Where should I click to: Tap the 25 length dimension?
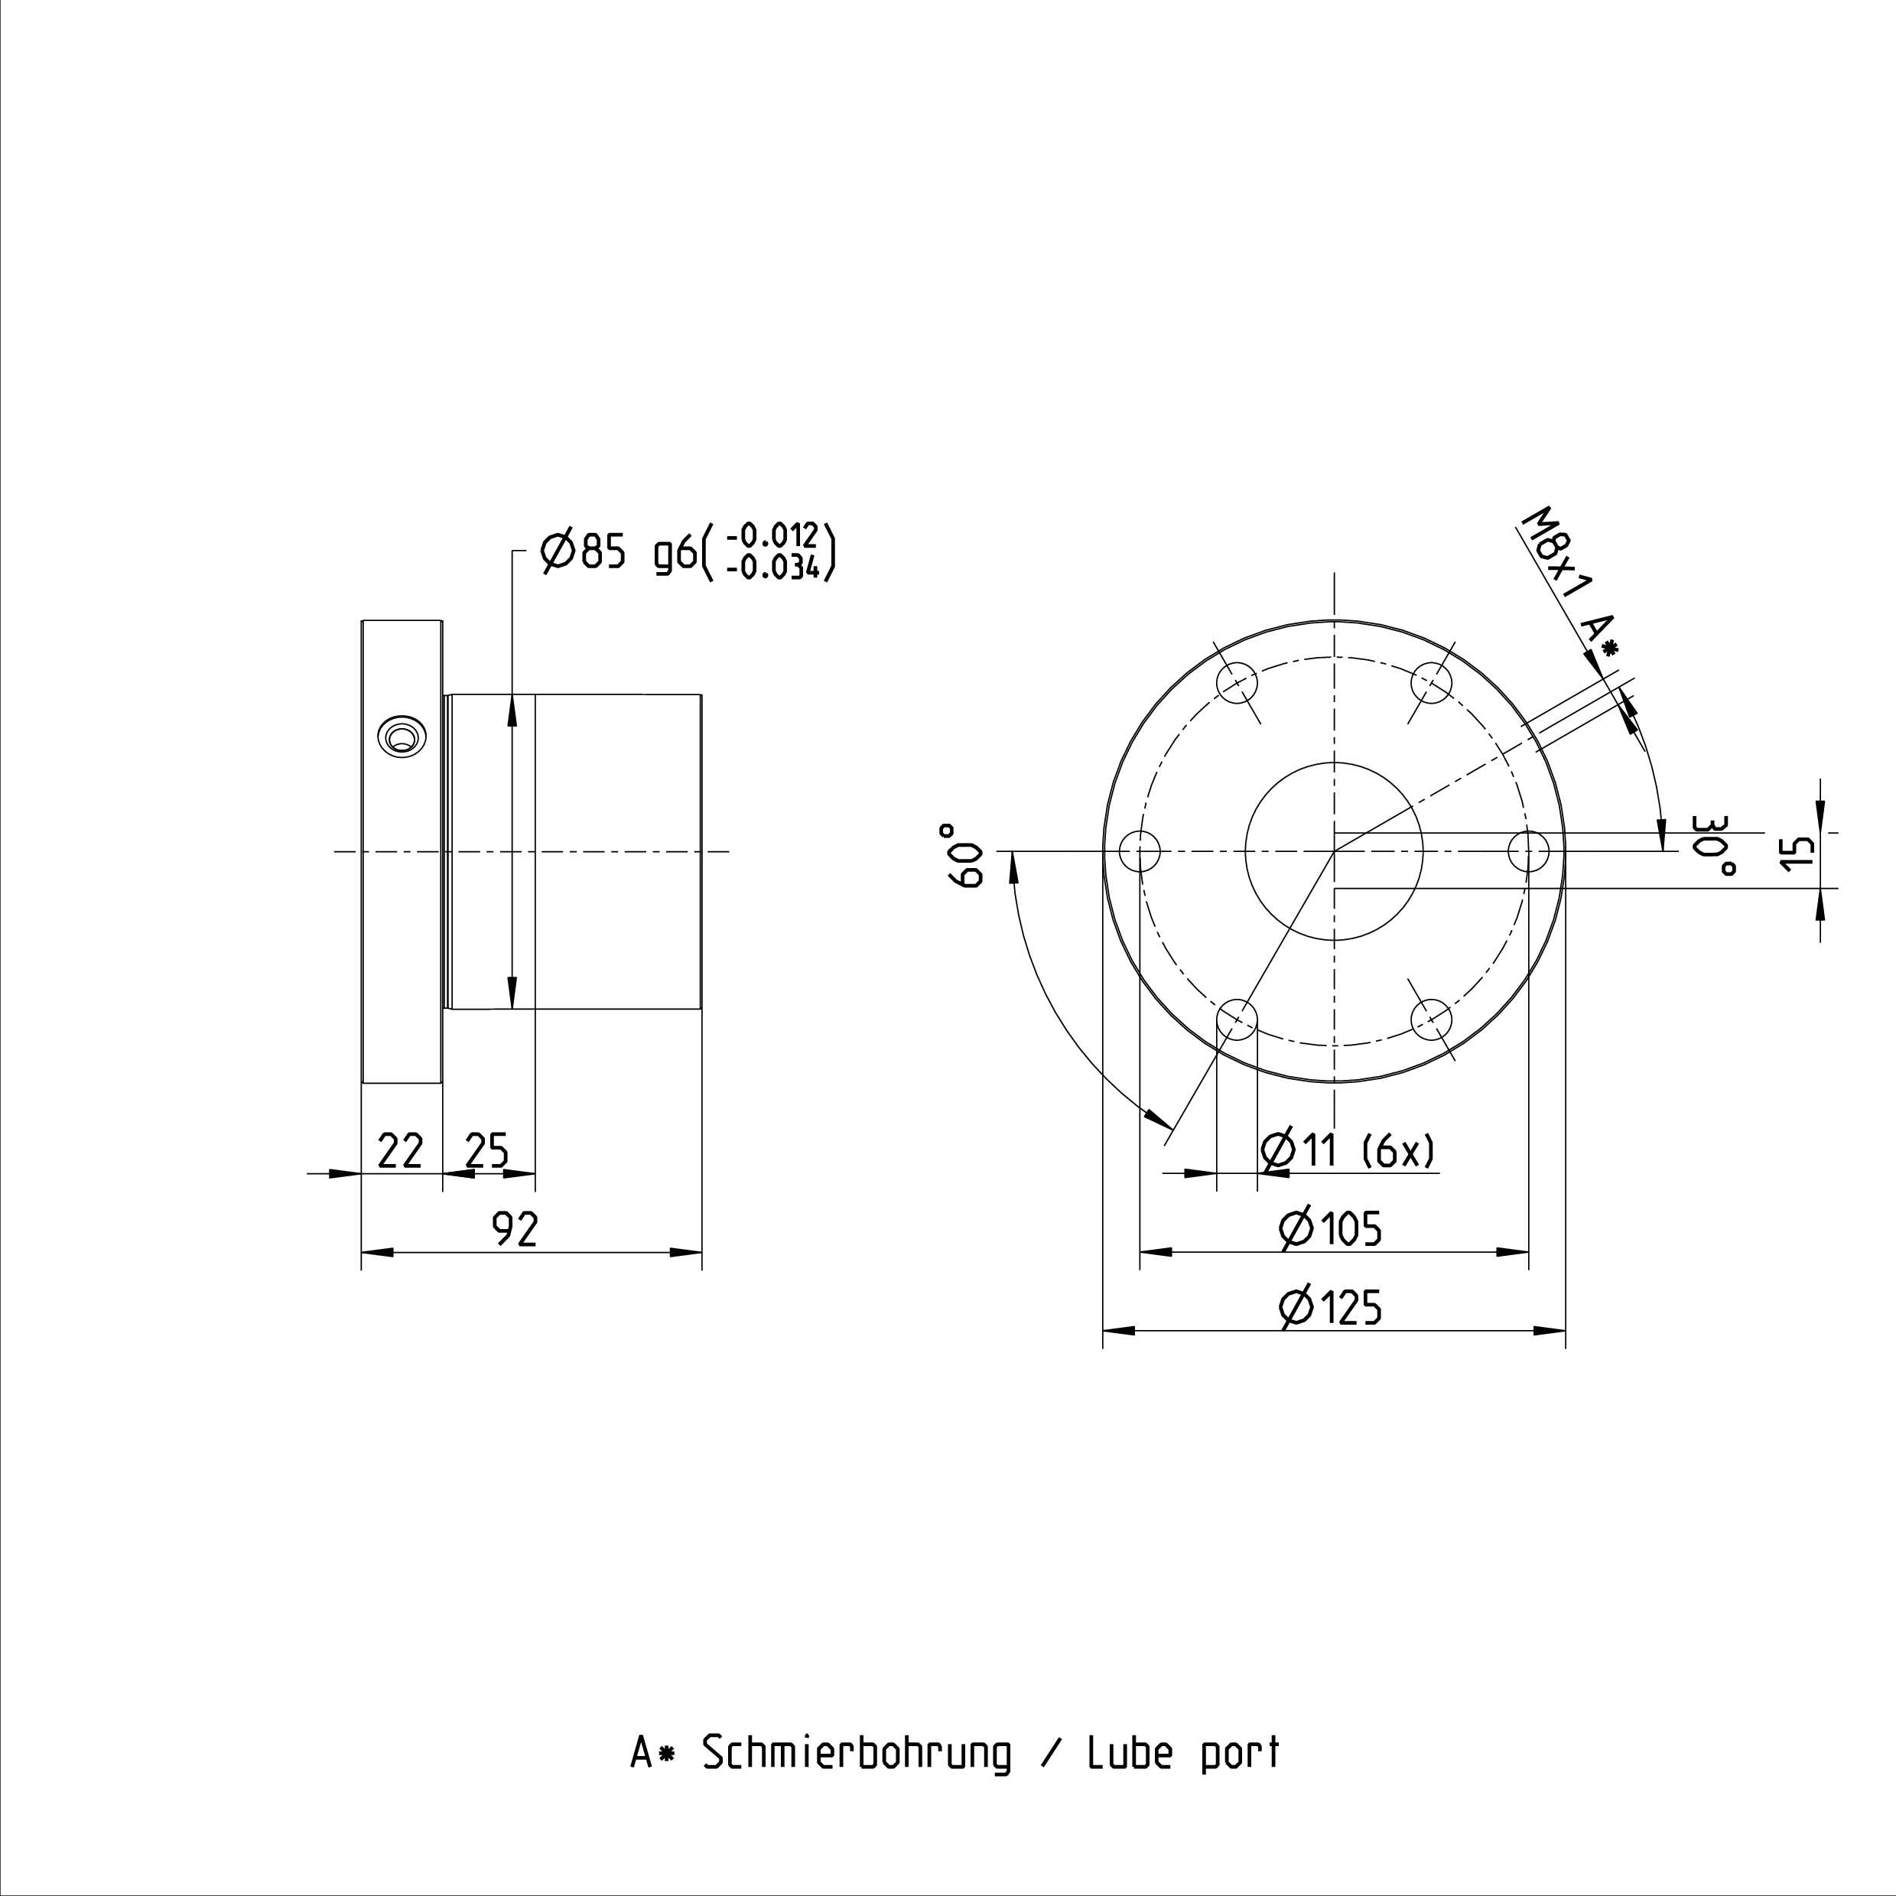point(486,1151)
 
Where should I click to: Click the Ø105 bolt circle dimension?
point(1331,1228)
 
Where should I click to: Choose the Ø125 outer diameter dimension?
point(1331,1307)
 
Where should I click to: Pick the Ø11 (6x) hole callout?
point(1348,1150)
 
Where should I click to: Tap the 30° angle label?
point(1716,845)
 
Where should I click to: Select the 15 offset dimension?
point(1798,852)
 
